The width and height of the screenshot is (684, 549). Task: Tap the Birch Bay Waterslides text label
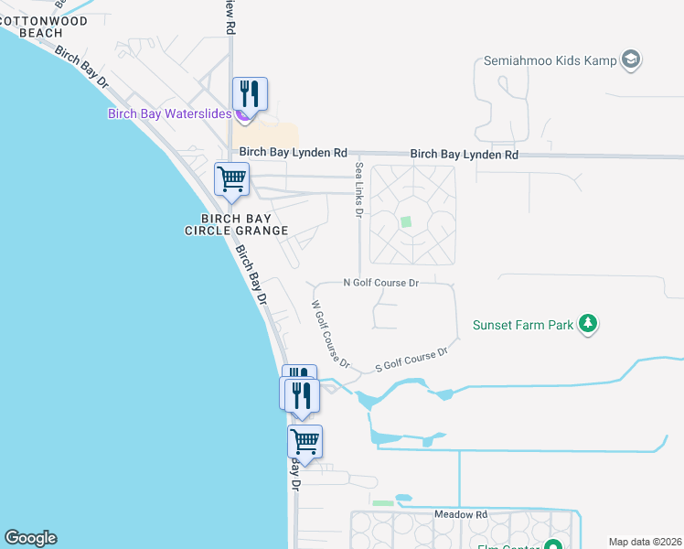coord(168,114)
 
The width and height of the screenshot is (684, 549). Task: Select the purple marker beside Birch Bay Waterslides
coord(240,114)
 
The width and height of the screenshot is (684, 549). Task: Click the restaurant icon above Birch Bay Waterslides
coord(249,92)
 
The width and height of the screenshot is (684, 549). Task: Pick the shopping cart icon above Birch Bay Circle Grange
coord(231,178)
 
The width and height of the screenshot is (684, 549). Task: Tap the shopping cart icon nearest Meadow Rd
coord(305,442)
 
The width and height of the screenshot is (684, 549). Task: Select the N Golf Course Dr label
coord(380,284)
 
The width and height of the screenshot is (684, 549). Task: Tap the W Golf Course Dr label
coord(326,330)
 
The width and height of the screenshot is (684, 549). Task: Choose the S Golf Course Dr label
coord(411,361)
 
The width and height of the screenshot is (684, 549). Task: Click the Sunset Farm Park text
coord(522,324)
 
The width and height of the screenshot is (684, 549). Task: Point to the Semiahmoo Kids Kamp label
coord(545,62)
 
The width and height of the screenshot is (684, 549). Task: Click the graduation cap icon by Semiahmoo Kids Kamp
coord(630,61)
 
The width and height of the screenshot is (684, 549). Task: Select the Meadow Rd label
coord(461,515)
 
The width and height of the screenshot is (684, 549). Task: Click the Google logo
coord(30,538)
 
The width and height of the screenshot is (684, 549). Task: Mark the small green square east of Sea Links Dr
coord(406,221)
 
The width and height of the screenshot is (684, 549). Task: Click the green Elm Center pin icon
coord(552,546)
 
